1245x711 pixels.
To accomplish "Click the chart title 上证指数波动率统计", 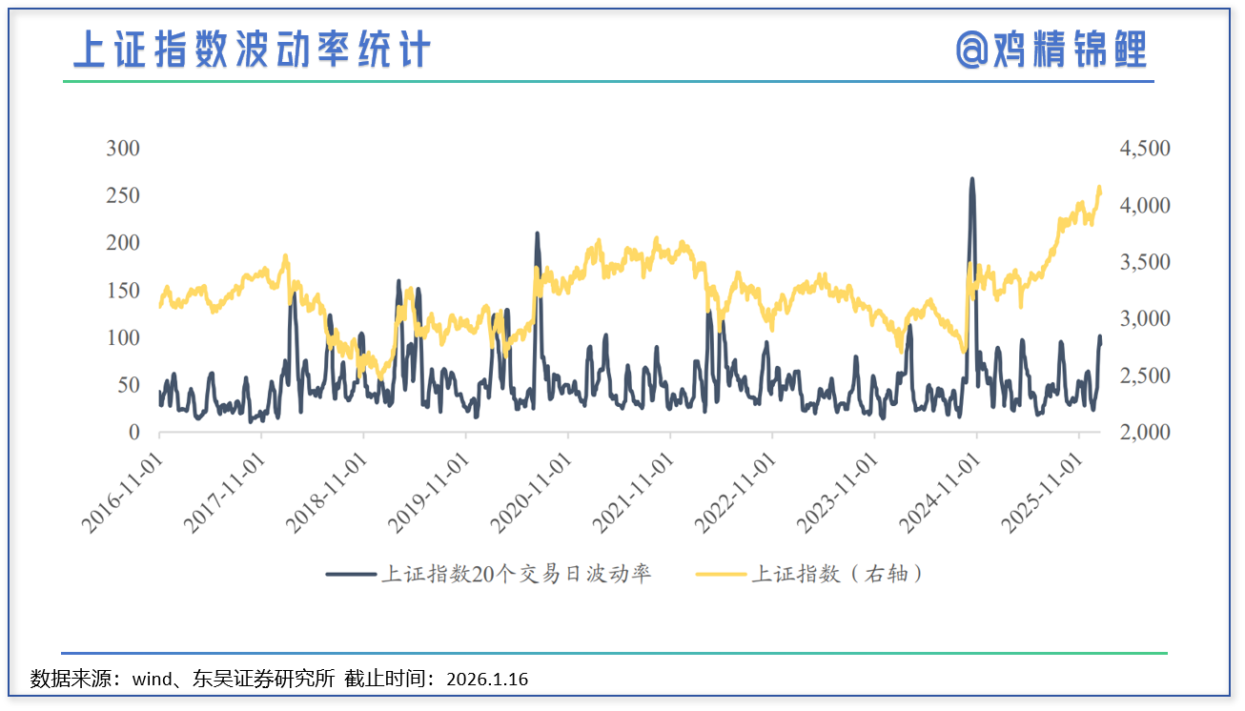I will coord(252,50).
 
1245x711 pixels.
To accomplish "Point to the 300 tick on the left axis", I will coord(122,149).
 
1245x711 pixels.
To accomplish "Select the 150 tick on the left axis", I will coord(122,291).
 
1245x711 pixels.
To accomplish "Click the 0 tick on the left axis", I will coord(133,433).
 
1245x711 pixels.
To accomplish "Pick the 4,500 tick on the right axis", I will coord(1143,149).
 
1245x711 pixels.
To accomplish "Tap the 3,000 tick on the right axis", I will coord(1143,319).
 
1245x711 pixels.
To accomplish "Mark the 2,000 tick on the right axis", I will coord(1143,433).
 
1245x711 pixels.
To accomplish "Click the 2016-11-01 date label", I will coord(122,492).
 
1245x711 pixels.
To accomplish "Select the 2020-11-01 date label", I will coord(531,492).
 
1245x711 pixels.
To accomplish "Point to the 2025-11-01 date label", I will coord(1042,492).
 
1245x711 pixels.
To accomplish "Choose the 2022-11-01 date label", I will coord(735,492).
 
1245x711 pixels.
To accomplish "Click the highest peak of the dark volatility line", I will coord(971,178).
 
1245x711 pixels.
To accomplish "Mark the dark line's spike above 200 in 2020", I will coord(537,234).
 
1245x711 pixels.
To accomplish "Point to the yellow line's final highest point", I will coord(1099,187).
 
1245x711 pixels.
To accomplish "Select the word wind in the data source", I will coord(152,680).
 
